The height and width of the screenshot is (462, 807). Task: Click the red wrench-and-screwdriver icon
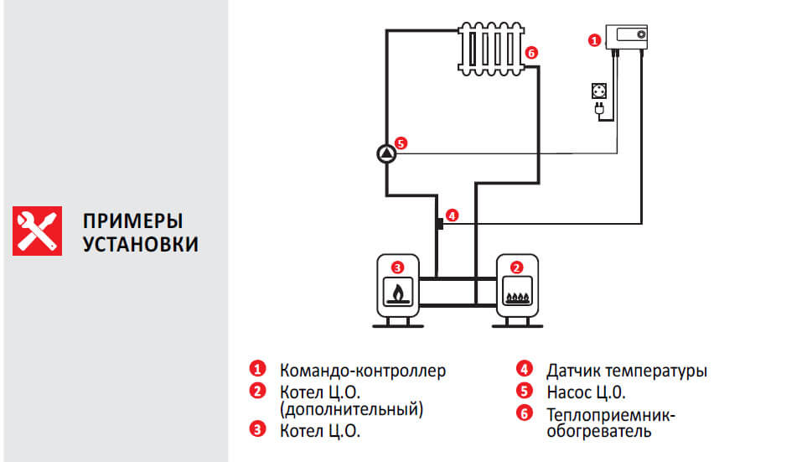[37, 230]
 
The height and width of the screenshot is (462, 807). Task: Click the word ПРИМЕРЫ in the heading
[132, 221]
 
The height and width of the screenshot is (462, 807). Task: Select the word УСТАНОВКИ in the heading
[141, 245]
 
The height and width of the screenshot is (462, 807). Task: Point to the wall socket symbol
[601, 91]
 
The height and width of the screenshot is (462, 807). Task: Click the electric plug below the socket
[600, 109]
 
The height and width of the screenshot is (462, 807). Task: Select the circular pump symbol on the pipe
[385, 153]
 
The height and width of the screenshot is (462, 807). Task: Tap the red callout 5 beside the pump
[401, 143]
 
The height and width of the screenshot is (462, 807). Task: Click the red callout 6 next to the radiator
[531, 53]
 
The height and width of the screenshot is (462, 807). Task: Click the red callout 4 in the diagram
[452, 215]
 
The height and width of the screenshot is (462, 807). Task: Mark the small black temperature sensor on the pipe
[438, 224]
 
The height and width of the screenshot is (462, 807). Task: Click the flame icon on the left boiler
[397, 293]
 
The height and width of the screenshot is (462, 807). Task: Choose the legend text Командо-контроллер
[363, 370]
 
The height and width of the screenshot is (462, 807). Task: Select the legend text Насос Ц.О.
[586, 392]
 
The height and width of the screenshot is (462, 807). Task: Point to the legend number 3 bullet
[256, 430]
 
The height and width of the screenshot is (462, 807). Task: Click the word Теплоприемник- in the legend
[610, 414]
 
